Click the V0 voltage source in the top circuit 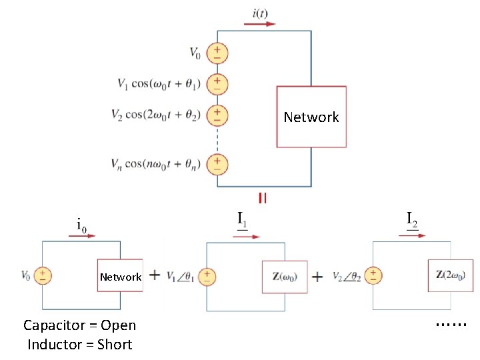pos(217,53)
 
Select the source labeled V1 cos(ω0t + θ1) pos(217,83)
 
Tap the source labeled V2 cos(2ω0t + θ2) pos(217,114)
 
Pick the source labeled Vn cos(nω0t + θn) pos(217,163)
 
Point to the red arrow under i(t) pos(260,24)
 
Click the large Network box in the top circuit pos(311,117)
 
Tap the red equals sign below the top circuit pos(263,197)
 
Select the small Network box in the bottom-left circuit pos(120,276)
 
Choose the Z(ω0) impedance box pos(285,276)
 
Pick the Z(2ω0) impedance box pos(450,275)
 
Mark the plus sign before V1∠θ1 pos(154,275)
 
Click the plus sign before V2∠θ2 pos(318,276)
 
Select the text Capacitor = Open pos(79,325)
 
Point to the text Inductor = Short pos(79,345)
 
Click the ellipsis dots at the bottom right pos(451,324)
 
